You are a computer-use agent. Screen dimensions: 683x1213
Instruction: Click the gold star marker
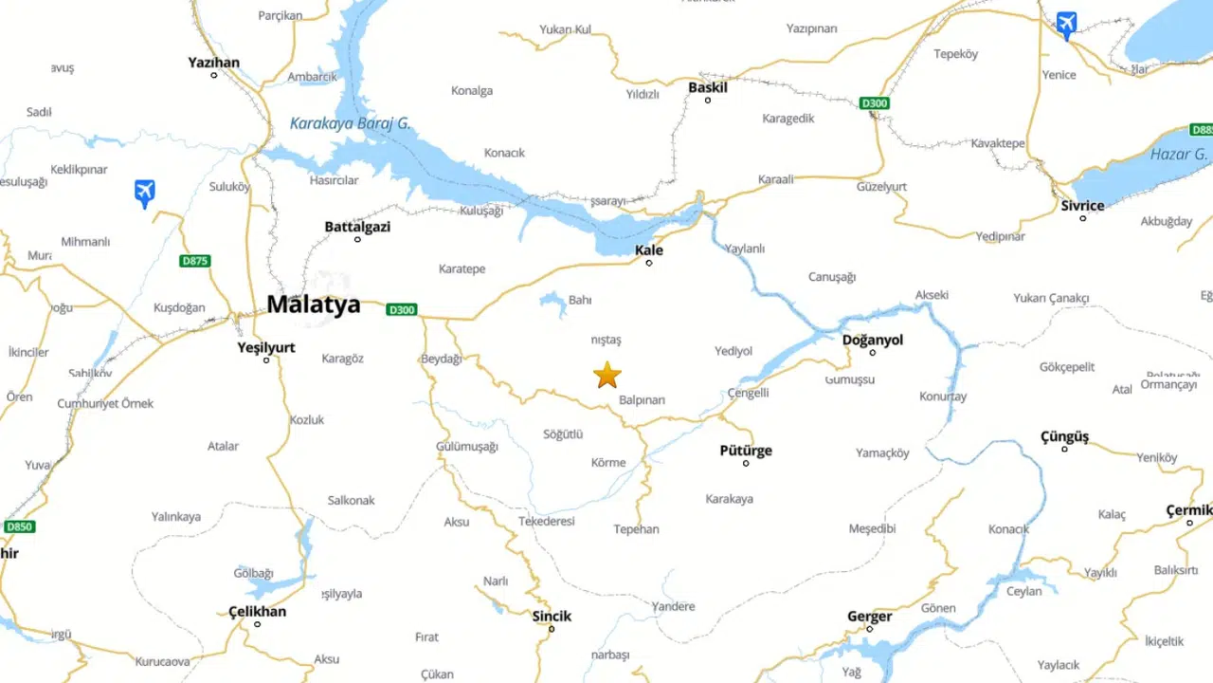[606, 376]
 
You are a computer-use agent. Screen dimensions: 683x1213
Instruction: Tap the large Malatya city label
[313, 305]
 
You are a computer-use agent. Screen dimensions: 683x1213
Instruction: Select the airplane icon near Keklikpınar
[144, 194]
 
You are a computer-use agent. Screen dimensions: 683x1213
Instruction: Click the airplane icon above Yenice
[1066, 25]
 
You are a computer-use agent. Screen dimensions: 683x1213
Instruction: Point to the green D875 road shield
[194, 261]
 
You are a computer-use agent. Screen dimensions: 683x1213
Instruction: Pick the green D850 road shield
[19, 526]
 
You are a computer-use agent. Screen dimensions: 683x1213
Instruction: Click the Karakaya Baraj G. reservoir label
[350, 123]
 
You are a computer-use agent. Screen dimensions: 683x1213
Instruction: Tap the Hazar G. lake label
[1178, 155]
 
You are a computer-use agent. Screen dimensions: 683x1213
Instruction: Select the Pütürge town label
[746, 451]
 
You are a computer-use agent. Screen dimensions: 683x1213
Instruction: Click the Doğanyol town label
[873, 340]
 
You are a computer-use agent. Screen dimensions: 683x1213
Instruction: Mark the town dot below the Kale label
[649, 263]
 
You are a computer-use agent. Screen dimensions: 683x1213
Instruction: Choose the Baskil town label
[708, 87]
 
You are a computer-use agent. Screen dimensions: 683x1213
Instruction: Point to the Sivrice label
[1082, 206]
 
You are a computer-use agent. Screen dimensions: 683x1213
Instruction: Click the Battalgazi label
[357, 227]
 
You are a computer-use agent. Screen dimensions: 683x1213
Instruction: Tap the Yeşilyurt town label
[266, 347]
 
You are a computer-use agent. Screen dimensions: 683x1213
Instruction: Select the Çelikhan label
[257, 611]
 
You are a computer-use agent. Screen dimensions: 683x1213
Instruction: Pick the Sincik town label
[552, 616]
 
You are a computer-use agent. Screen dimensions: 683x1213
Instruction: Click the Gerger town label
[869, 617]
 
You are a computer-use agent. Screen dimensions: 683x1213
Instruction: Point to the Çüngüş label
[1064, 436]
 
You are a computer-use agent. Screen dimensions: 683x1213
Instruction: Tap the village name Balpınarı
[642, 400]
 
